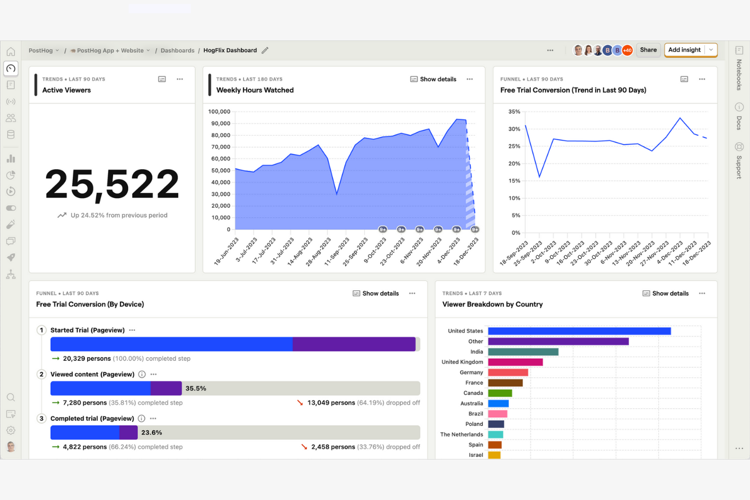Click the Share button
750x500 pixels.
click(x=648, y=50)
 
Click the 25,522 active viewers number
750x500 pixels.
click(x=112, y=184)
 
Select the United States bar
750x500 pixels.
click(x=579, y=331)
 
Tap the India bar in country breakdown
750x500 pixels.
click(x=523, y=352)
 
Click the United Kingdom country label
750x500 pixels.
click(x=462, y=362)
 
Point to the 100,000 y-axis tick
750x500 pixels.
click(x=219, y=111)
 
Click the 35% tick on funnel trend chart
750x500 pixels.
click(x=514, y=111)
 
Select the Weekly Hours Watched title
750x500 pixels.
click(x=255, y=90)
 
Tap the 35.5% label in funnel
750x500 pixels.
click(x=196, y=389)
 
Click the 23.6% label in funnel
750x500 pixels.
click(x=152, y=433)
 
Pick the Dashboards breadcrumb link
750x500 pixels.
click(x=177, y=51)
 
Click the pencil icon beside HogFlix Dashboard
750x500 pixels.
click(x=265, y=50)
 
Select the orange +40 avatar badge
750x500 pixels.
click(x=627, y=50)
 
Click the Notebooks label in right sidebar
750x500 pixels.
click(x=739, y=74)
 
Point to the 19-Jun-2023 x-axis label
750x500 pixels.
click(x=227, y=252)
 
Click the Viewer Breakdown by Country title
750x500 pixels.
click(x=492, y=304)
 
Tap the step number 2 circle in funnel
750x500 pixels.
click(x=42, y=374)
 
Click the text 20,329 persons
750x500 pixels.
click(x=87, y=359)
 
